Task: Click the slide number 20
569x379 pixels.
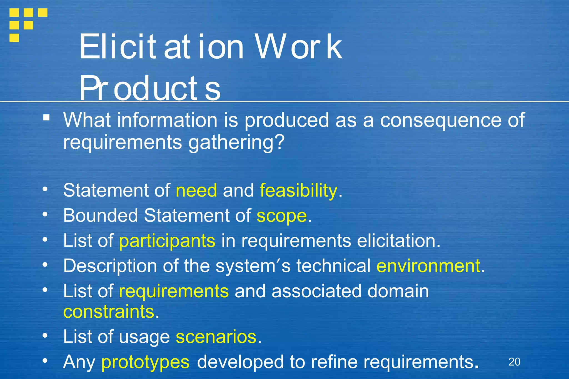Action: tap(514, 362)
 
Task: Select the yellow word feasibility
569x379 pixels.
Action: tap(298, 191)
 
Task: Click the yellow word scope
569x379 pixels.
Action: tap(281, 216)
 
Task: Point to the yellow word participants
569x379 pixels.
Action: tap(167, 241)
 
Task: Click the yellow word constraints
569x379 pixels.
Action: tap(109, 312)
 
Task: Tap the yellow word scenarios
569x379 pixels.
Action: tap(216, 337)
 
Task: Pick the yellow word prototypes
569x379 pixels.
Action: tap(145, 362)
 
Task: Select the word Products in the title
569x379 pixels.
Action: tap(150, 88)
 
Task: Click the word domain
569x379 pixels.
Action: tap(398, 291)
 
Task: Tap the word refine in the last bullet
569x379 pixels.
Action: tap(334, 362)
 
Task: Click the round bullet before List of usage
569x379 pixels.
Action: tap(45, 335)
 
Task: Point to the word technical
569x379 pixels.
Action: tap(333, 266)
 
